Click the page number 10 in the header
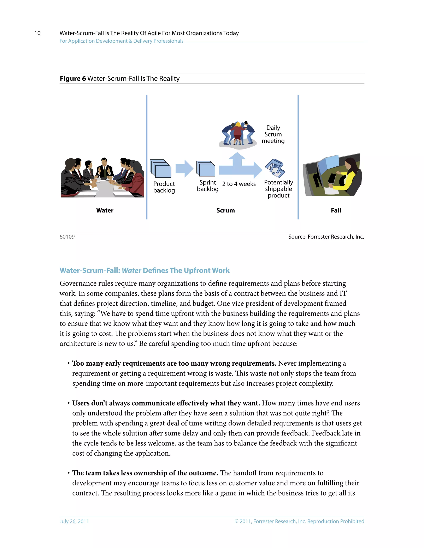pyautogui.click(x=37, y=33)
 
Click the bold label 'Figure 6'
pyautogui.click(x=73, y=79)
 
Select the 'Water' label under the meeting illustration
pyautogui.click(x=105, y=210)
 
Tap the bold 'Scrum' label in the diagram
pyautogui.click(x=225, y=210)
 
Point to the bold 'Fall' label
pyautogui.click(x=336, y=210)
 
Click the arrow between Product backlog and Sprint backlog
pyautogui.click(x=184, y=169)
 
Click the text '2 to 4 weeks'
pyautogui.click(x=239, y=184)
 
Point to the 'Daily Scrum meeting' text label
pyautogui.click(x=273, y=134)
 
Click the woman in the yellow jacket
pyautogui.click(x=348, y=177)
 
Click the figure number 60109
pyautogui.click(x=67, y=237)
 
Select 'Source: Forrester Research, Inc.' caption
pyautogui.click(x=326, y=237)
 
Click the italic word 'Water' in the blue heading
pyautogui.click(x=131, y=270)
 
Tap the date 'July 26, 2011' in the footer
pyautogui.click(x=74, y=521)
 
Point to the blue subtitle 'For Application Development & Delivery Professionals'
pyautogui.click(x=121, y=41)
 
